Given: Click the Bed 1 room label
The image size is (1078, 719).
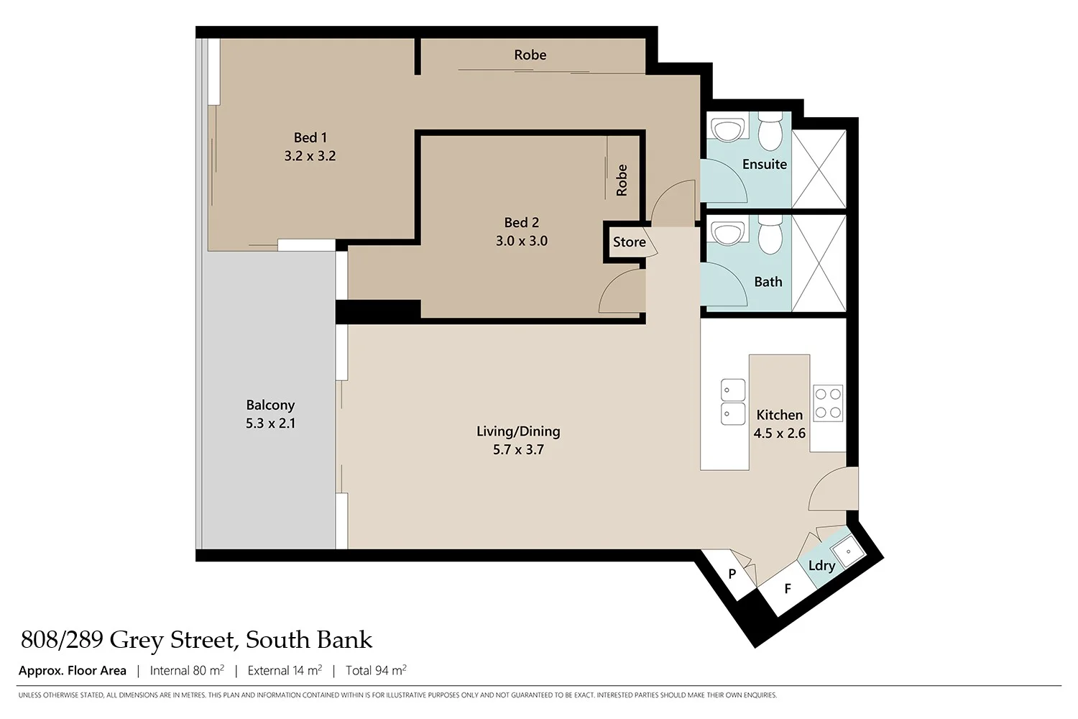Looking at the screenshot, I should click(x=310, y=137).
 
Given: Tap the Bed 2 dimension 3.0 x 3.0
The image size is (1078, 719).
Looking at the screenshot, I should click(x=521, y=241).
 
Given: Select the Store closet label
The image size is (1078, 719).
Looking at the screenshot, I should click(x=629, y=242).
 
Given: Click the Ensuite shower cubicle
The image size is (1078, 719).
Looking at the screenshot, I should click(x=819, y=170).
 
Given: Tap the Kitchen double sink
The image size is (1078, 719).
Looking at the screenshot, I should click(x=733, y=402).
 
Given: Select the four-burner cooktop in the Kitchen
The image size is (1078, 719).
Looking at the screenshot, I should click(x=828, y=403).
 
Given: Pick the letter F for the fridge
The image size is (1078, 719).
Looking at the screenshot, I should click(x=788, y=589).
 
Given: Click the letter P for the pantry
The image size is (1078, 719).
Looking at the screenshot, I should click(x=732, y=574).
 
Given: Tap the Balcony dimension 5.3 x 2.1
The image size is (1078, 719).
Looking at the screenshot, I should click(x=270, y=423).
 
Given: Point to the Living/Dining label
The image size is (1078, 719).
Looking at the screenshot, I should click(x=518, y=431).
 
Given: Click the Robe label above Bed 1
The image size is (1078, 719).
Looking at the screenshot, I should click(x=530, y=55).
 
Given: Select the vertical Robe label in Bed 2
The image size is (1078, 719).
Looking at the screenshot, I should click(x=622, y=180).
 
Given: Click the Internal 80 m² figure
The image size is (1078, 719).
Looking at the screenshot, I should click(x=187, y=671).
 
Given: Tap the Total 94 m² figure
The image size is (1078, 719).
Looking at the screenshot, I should click(x=376, y=671).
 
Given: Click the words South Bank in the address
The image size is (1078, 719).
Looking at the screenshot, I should click(x=309, y=640).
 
